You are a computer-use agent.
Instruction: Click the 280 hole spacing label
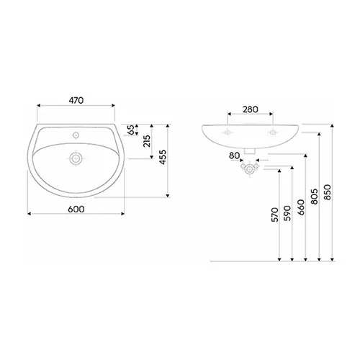pos(250,109)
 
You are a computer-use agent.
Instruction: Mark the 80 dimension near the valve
pos(233,156)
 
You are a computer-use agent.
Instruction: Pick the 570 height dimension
pos(275,217)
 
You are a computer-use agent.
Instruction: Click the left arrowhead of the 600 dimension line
pos(29,214)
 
